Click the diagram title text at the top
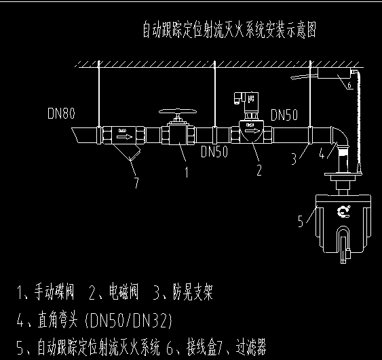coord(229,31)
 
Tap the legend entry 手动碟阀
coord(55,293)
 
